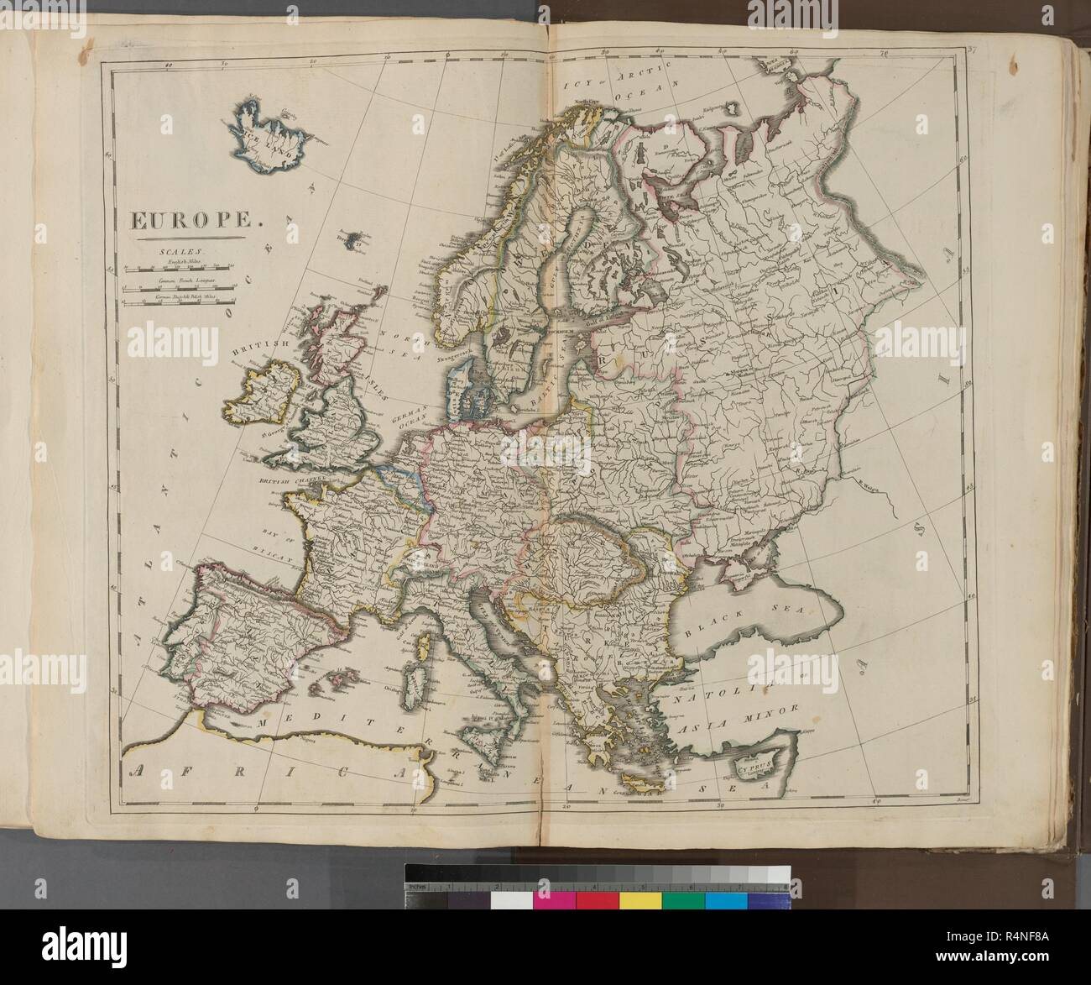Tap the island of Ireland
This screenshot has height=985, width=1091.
(257, 394)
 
